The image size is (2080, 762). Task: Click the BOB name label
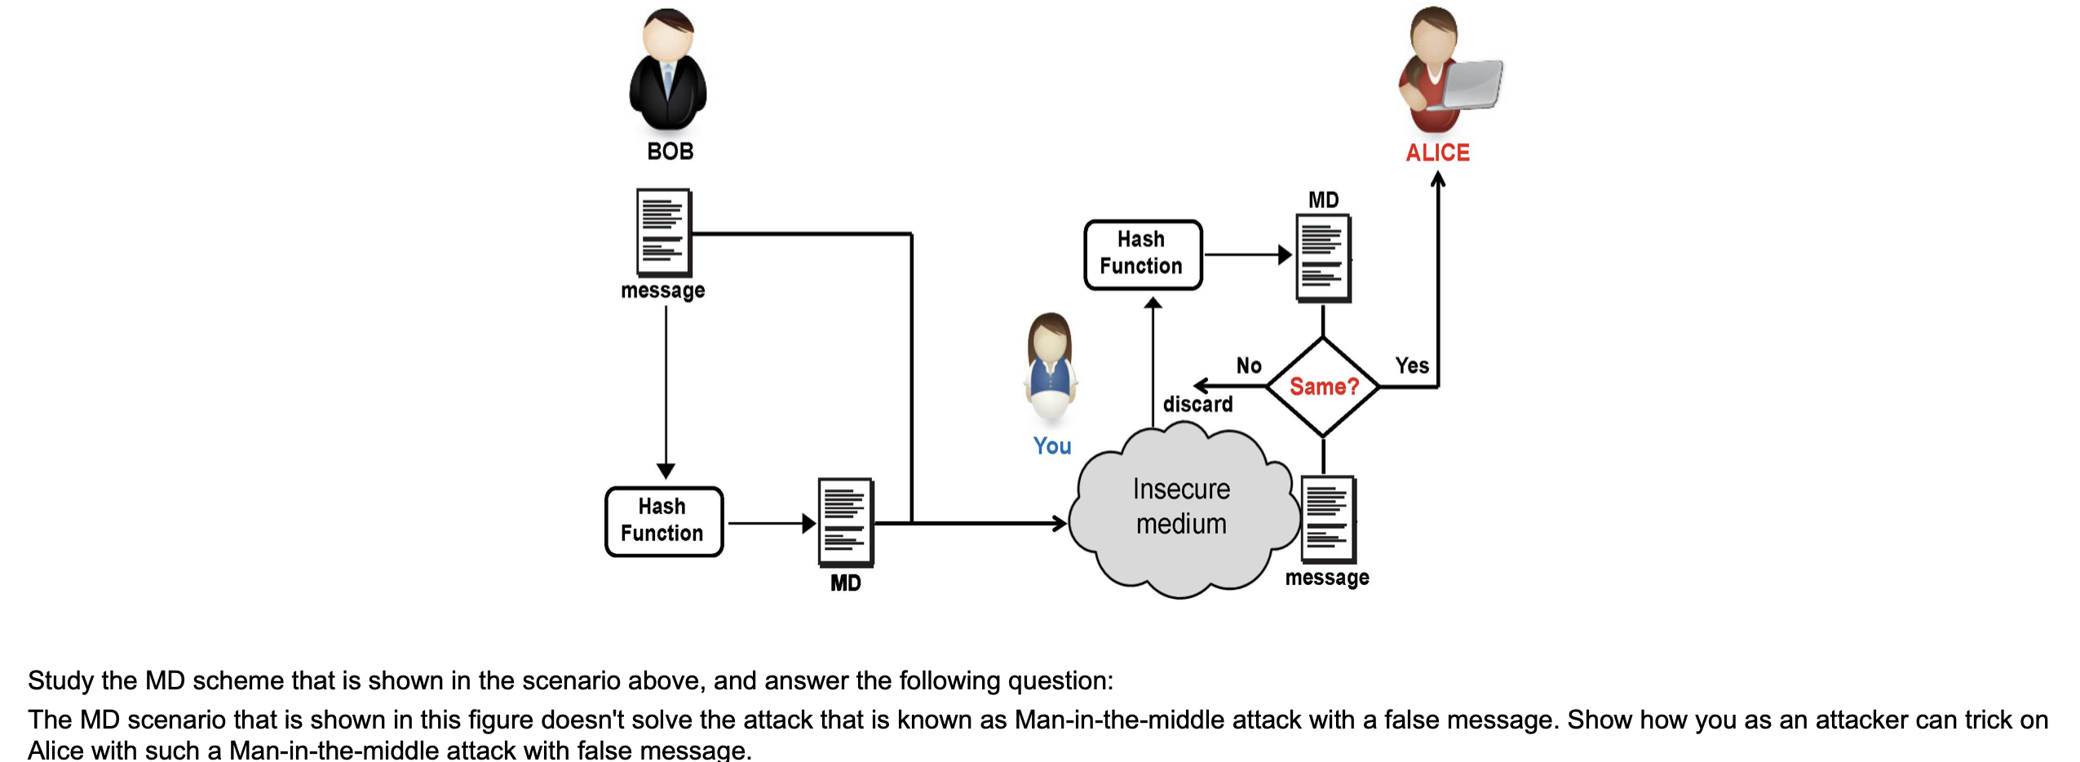pos(670,152)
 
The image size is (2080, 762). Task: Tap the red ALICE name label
pos(1436,153)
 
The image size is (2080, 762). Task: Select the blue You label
pos(1051,445)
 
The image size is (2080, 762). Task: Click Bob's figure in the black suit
pos(668,73)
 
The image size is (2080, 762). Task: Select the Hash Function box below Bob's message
pos(663,521)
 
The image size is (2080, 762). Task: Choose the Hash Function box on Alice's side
pos(1142,255)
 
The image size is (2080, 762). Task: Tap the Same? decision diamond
pos(1323,387)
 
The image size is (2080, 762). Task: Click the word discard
pos(1197,405)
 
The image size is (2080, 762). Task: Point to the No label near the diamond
pos(1248,365)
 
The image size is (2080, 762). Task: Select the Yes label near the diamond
pos(1411,365)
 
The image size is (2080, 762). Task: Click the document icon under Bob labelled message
pos(663,233)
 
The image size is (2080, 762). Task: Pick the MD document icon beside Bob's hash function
pos(846,522)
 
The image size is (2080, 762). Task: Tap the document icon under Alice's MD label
pos(1323,258)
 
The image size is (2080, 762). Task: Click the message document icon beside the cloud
pos(1328,520)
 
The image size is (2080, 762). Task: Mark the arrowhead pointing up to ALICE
pos(1437,178)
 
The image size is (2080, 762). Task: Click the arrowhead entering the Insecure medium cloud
pos(1060,523)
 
